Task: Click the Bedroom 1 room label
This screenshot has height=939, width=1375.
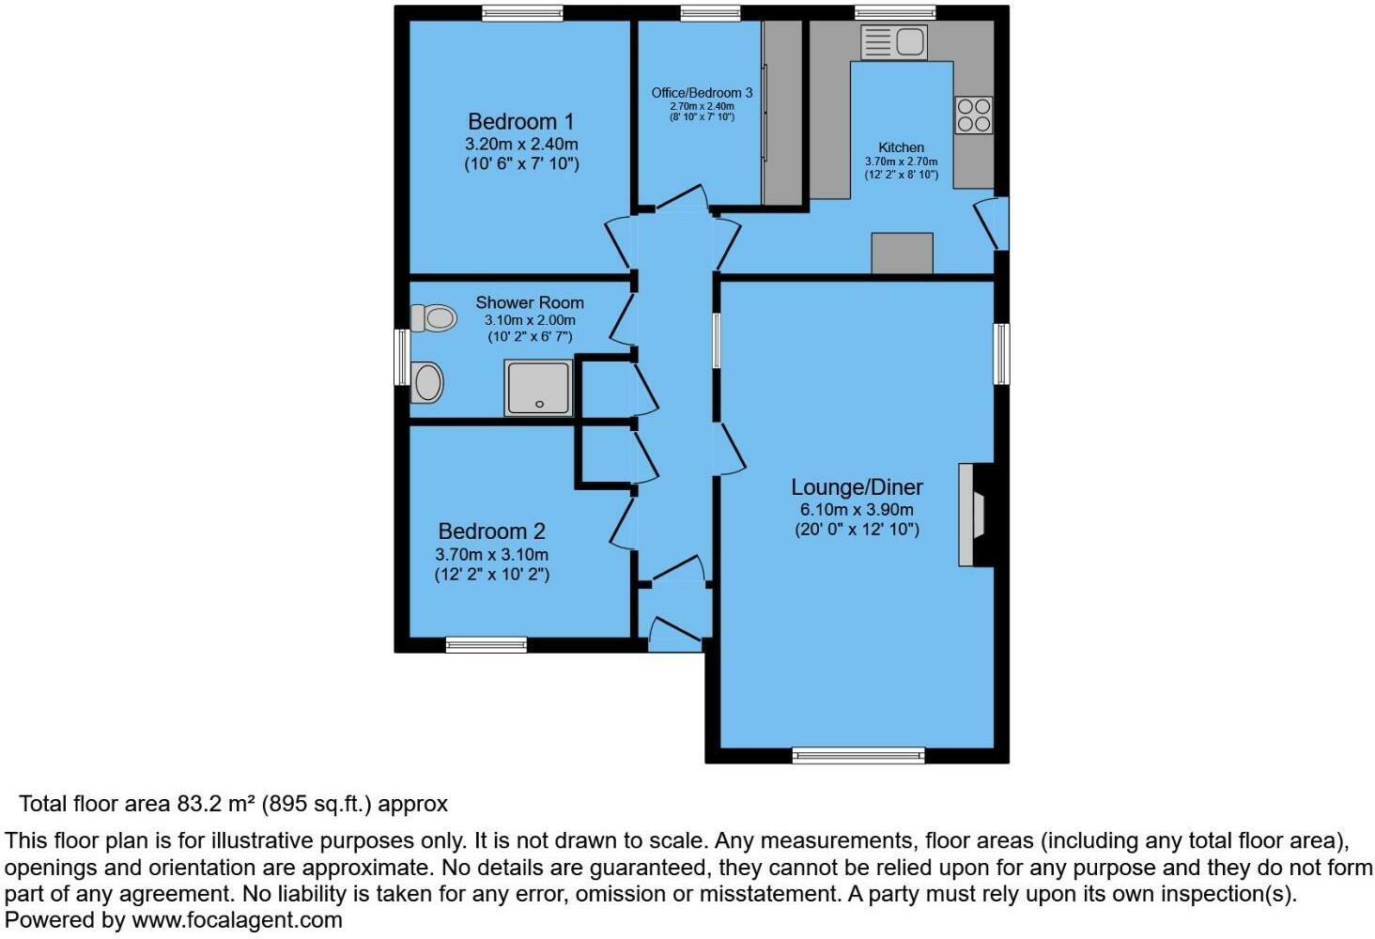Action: pos(520,122)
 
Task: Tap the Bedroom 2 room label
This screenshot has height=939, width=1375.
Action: pos(491,531)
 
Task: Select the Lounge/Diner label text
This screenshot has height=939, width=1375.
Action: pos(857,487)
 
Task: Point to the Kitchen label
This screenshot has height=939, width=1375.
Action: pos(901,147)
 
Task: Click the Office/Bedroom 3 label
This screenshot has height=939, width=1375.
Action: pos(702,93)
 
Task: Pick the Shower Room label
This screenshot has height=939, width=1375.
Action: pos(529,302)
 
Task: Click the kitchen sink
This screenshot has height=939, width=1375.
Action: pos(894,42)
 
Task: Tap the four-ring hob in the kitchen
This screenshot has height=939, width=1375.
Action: pos(973,115)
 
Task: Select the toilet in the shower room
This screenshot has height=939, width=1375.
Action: pos(433,317)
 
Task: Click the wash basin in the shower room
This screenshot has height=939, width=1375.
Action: pos(427,384)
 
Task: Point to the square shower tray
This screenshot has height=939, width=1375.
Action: pos(538,388)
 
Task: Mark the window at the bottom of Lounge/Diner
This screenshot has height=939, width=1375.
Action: pos(858,755)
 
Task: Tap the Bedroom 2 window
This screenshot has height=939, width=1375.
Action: pos(486,644)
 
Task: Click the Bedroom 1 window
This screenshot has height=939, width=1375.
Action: pos(522,13)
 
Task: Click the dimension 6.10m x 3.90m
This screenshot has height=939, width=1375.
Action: pos(857,510)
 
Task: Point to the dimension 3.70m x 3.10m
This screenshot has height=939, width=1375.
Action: pos(491,555)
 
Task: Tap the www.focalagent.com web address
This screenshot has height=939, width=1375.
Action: pos(237,920)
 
